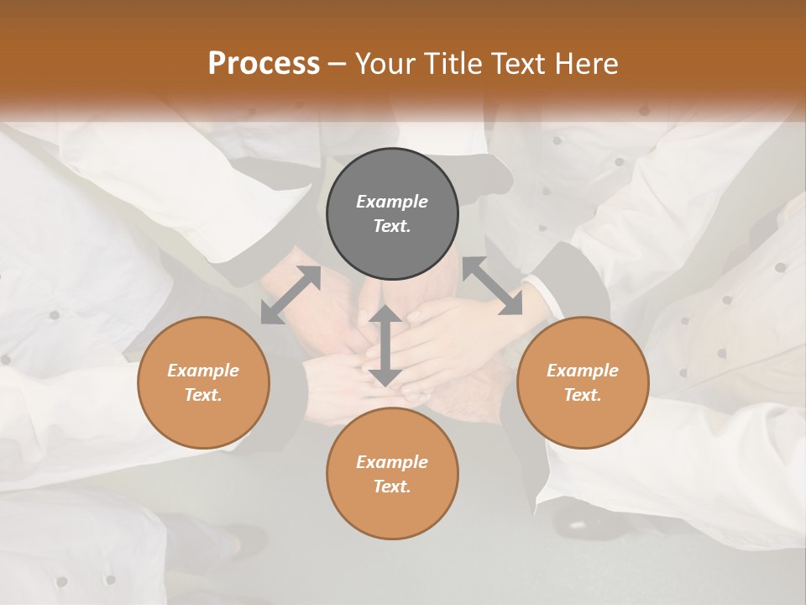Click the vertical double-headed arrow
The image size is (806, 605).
point(385,345)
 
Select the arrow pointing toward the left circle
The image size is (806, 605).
point(290,294)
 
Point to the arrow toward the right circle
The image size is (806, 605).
point(493,286)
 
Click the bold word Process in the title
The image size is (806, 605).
point(264,63)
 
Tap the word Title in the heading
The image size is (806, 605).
point(455,63)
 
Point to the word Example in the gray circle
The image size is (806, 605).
point(392,202)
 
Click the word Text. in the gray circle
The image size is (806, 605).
point(392,226)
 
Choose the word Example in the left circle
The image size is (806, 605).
point(203,371)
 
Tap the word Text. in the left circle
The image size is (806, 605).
point(203,395)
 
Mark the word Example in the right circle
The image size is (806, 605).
point(583,371)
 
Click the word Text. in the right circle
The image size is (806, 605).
point(583,395)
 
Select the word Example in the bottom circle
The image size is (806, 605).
point(392,462)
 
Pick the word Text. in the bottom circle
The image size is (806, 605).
point(392,487)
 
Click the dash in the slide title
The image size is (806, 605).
point(338,64)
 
